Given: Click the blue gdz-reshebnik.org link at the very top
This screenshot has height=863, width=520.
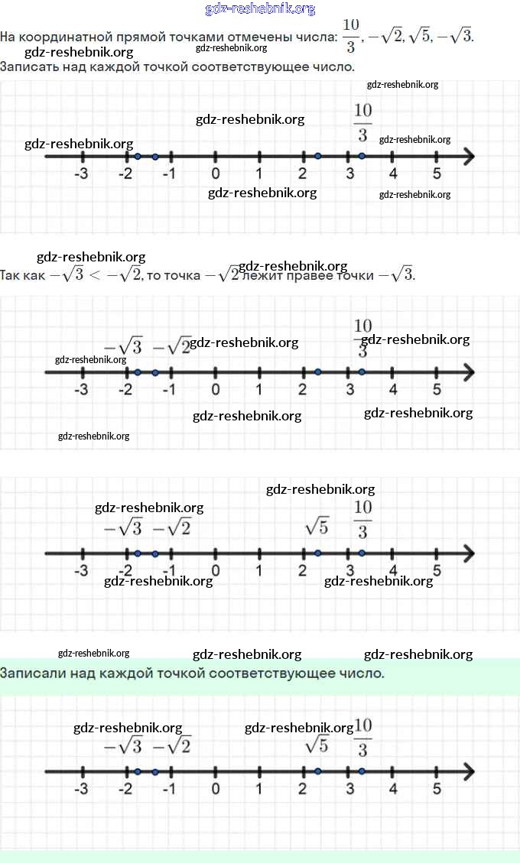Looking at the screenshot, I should coord(260,9).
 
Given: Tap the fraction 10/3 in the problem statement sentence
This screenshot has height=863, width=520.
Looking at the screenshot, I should coord(350,35).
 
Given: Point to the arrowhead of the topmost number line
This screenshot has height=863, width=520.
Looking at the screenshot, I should coord(468,157).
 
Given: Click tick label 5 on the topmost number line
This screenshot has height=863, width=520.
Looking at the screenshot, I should coord(437,174).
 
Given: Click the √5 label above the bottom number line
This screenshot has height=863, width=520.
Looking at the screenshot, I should coord(317,744).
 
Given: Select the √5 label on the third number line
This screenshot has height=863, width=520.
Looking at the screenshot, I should coord(317,526).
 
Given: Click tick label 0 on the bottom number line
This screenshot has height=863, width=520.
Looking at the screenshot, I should coord(216,789).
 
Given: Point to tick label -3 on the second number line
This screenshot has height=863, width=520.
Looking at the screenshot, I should coord(81,390).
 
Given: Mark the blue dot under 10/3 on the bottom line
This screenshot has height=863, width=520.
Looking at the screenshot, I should coord(362,771).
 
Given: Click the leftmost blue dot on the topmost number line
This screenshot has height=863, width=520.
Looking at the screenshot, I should coord(138,157).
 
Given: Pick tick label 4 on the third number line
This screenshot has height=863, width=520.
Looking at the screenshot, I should coord(393,571).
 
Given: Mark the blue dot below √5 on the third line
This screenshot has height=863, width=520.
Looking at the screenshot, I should coord(317,553).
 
